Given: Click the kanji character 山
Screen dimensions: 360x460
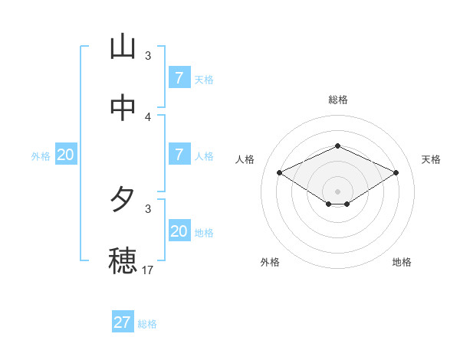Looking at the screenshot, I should tap(123, 47).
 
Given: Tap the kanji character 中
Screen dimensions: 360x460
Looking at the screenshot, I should tap(123, 108).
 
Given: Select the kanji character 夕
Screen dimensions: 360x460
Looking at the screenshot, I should tap(123, 201).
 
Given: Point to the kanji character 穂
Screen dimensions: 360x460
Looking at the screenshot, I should tap(123, 261).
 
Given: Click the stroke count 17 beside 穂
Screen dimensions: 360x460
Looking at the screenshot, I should tap(148, 270).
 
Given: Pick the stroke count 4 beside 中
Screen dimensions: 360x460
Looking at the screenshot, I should tap(148, 116).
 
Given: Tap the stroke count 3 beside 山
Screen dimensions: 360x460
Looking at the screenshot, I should tap(148, 56).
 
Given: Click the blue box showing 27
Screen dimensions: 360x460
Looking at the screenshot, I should tap(122, 322).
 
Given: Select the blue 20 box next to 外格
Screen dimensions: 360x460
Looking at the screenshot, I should tap(66, 155).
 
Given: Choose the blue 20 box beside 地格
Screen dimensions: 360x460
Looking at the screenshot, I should tap(179, 231).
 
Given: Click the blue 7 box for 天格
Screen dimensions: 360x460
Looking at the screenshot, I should tap(179, 77).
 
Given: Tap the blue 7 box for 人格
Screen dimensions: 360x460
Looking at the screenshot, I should tap(179, 155).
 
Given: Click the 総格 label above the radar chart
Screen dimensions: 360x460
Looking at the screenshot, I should tap(337, 100).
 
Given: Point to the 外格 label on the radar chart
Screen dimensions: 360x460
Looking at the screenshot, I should tap(270, 262).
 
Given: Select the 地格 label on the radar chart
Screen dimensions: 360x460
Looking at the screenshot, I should tap(402, 262).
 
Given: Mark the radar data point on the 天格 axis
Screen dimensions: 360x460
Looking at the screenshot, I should tap(396, 172).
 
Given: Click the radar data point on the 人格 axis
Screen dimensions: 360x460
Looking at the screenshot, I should tap(279, 172).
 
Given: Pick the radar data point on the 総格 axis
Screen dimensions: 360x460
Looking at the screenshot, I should tap(337, 146).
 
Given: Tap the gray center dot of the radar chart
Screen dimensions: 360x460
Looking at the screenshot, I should tap(337, 191).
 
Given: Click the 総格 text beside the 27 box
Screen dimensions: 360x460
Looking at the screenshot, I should tap(147, 324).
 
